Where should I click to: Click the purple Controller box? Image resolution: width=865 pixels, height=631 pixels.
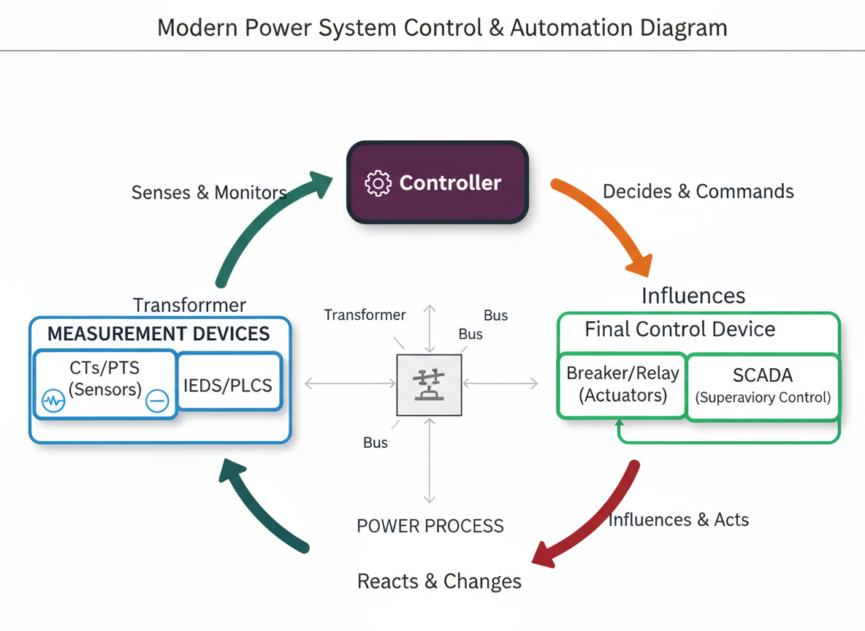point(437,183)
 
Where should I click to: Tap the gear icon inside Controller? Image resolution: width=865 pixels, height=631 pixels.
point(378,183)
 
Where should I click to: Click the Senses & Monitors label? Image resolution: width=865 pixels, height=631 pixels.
point(208,193)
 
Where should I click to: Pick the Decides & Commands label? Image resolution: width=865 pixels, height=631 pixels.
point(698,191)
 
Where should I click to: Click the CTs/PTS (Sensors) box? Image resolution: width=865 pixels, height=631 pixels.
point(104,383)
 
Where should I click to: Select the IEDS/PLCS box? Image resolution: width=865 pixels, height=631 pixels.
point(229,384)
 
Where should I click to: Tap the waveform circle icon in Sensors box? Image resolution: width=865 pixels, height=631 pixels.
point(53,401)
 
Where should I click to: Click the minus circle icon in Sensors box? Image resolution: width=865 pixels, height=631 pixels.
point(157,401)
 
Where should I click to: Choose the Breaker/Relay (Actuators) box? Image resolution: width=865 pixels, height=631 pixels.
point(622,385)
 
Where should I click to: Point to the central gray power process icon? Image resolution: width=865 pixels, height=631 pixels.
point(429,385)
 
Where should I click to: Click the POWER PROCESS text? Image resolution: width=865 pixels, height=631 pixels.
point(430,526)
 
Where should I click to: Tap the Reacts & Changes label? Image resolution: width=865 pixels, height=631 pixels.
point(439,581)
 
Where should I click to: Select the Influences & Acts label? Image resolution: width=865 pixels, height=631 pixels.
point(678,520)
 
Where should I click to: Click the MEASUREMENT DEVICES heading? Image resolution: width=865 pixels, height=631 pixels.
point(159,334)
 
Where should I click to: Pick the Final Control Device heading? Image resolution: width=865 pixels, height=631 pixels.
point(679,329)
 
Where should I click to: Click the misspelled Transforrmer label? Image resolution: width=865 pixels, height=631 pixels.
point(189,305)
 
